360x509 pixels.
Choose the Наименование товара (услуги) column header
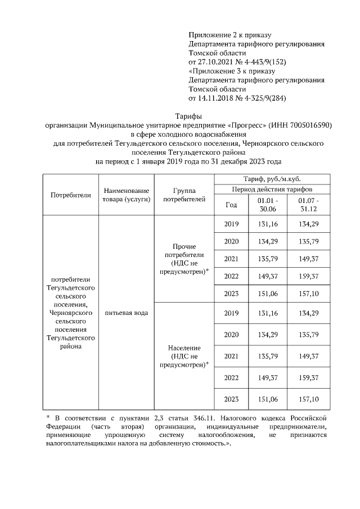click(125, 195)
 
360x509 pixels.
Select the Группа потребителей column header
click(183, 195)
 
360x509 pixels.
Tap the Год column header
click(231, 205)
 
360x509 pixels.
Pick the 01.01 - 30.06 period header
click(267, 205)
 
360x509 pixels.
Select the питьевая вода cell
click(125, 313)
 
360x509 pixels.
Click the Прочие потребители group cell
click(183, 259)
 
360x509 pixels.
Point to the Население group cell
click(183, 356)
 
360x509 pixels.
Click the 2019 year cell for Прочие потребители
click(231, 224)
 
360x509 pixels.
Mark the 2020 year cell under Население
click(231, 335)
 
